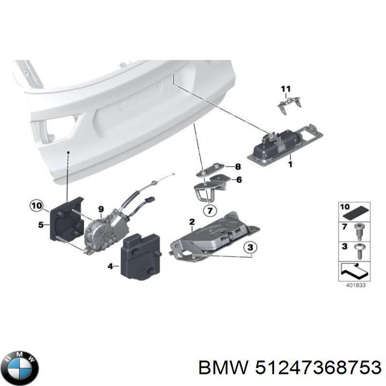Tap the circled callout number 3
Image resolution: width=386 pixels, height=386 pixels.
tap(250, 248)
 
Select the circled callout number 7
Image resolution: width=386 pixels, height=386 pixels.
tap(210, 211)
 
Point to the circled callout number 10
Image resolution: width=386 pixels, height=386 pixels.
tap(37, 206)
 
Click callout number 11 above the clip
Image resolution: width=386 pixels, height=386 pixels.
tap(286, 89)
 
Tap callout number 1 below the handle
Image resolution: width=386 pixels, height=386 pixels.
tap(290, 164)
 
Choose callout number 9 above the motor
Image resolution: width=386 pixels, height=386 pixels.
tap(101, 209)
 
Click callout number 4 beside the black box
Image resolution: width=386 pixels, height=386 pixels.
tap(110, 266)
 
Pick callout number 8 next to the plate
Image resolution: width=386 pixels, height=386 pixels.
tap(238, 167)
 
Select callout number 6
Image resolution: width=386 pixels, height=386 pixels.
tap(239, 179)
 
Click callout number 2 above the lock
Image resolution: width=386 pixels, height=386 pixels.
tap(192, 222)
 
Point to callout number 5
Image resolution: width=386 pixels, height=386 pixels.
tap(41, 225)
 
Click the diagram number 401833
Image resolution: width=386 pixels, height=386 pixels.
tap(356, 285)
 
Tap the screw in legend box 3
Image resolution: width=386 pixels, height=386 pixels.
tap(358, 251)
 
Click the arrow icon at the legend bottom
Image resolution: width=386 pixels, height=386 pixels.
tap(354, 271)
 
